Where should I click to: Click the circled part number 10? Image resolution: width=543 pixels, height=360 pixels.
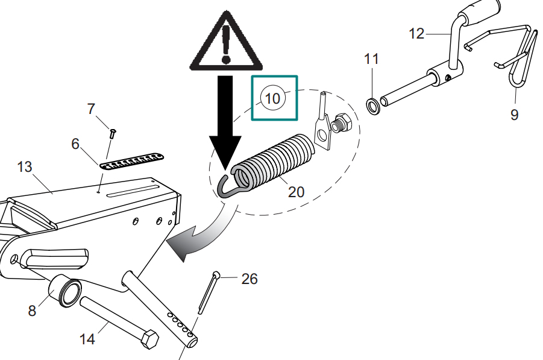273,98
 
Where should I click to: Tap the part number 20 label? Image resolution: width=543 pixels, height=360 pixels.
297,192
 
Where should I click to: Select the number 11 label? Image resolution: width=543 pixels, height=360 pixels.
372,59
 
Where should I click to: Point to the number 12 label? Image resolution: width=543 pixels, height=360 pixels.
416,34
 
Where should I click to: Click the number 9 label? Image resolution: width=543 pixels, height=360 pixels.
514,115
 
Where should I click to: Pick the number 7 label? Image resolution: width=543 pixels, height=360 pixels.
91,109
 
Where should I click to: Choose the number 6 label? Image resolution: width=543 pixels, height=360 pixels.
75,144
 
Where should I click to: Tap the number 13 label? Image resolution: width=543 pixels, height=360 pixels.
25,166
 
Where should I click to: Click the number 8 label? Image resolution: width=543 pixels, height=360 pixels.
32,311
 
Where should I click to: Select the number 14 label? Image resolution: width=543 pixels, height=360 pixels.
87,339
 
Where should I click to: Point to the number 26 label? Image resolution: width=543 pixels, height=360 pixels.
250,279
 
